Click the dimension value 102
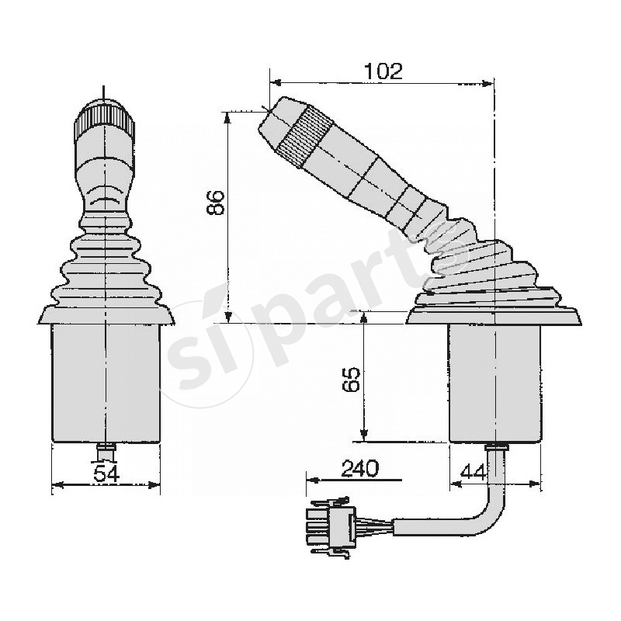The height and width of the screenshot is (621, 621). (x=383, y=71)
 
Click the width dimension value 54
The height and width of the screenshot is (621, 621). (x=106, y=474)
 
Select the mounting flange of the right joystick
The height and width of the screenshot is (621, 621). (x=494, y=316)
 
